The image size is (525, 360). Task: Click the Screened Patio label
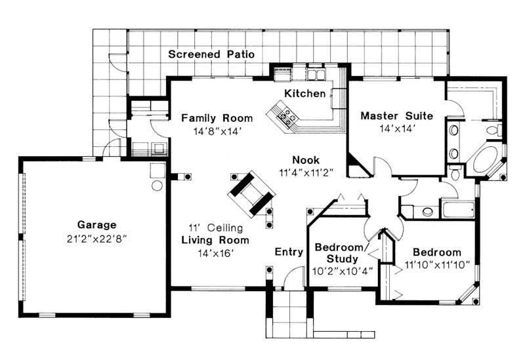click(211, 54)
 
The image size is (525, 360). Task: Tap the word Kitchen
click(304, 94)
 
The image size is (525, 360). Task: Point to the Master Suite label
click(396, 116)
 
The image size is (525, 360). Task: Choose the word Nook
click(306, 159)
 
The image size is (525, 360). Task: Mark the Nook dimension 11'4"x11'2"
click(306, 172)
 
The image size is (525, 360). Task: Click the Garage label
click(96, 224)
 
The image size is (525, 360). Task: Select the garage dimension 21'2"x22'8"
click(96, 237)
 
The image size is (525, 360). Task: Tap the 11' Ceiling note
click(216, 228)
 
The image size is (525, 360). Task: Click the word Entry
click(288, 252)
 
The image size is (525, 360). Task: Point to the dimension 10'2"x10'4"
click(343, 270)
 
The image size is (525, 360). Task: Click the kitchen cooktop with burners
click(287, 116)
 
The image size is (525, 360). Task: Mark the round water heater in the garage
click(157, 186)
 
